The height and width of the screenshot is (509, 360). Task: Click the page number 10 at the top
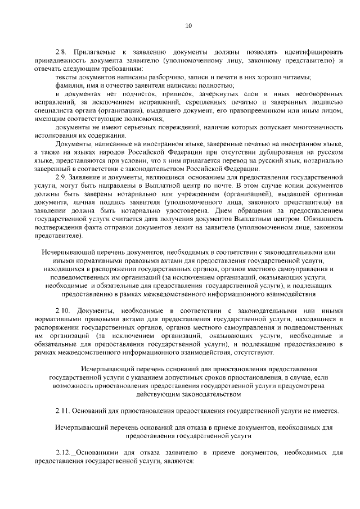188,25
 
